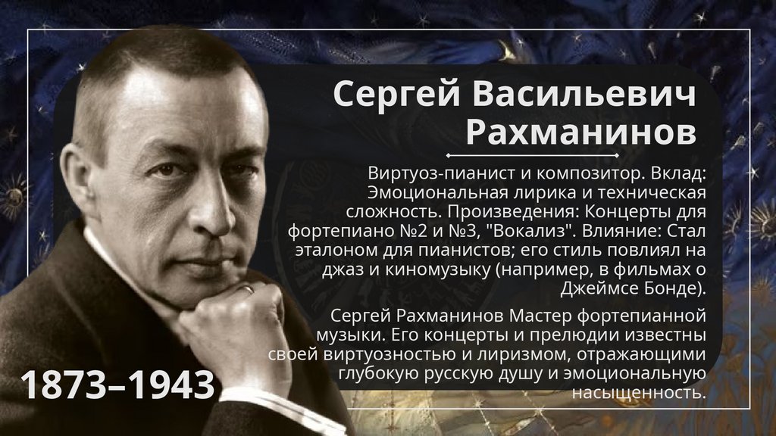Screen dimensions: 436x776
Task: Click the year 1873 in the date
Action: pyautogui.click(x=64, y=386)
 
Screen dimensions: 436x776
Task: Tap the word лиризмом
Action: pyautogui.click(x=526, y=354)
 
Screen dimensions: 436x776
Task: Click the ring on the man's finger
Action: pyautogui.click(x=247, y=288)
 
